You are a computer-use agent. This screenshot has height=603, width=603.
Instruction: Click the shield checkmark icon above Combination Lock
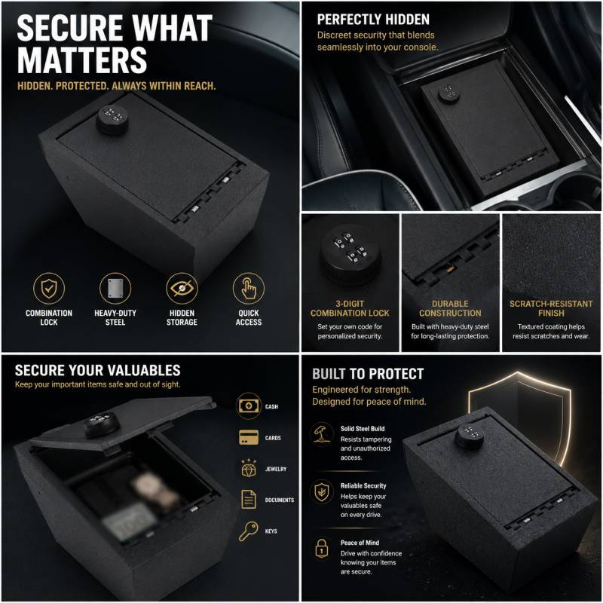(x=49, y=289)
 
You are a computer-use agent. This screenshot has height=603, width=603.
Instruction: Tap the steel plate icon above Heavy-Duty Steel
(x=115, y=289)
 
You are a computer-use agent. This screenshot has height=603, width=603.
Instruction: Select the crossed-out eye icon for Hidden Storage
(x=182, y=289)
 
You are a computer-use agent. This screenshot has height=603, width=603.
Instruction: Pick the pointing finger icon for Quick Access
(x=249, y=289)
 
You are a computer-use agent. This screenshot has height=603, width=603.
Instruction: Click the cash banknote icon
(x=249, y=406)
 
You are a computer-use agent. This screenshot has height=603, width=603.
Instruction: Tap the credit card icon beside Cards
(x=249, y=438)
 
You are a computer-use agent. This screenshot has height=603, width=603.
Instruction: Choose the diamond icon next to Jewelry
(x=249, y=468)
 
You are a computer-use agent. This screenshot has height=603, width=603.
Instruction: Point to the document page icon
(x=249, y=500)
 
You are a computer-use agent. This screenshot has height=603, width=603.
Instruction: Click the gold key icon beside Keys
(x=249, y=531)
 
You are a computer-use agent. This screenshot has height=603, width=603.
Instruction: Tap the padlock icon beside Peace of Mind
(x=322, y=548)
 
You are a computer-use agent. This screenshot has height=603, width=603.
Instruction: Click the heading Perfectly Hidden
(x=373, y=20)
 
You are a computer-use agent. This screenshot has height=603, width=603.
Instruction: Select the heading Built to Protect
(x=368, y=374)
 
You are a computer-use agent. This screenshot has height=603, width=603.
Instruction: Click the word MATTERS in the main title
(x=82, y=60)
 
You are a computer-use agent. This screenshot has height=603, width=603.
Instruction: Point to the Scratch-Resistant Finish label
(x=551, y=308)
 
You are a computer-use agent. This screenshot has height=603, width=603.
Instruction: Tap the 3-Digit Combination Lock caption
(x=350, y=308)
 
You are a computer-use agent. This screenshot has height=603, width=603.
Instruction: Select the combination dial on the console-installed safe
(x=449, y=93)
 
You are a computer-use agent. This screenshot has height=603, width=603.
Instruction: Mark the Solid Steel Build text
(x=363, y=428)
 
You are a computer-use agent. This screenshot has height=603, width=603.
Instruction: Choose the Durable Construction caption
(x=450, y=308)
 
